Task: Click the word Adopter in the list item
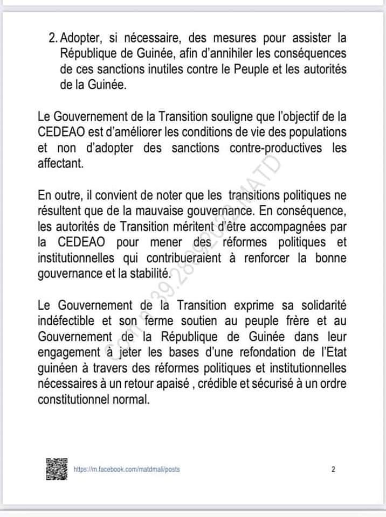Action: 80,39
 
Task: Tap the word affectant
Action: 61,164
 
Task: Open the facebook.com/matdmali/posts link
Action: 127,470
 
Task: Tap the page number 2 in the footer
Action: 333,470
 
